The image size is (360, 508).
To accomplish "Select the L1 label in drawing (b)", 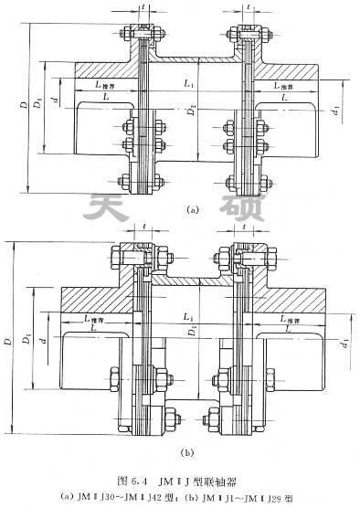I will [x=188, y=314].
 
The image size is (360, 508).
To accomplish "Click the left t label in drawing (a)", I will [x=146, y=7].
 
